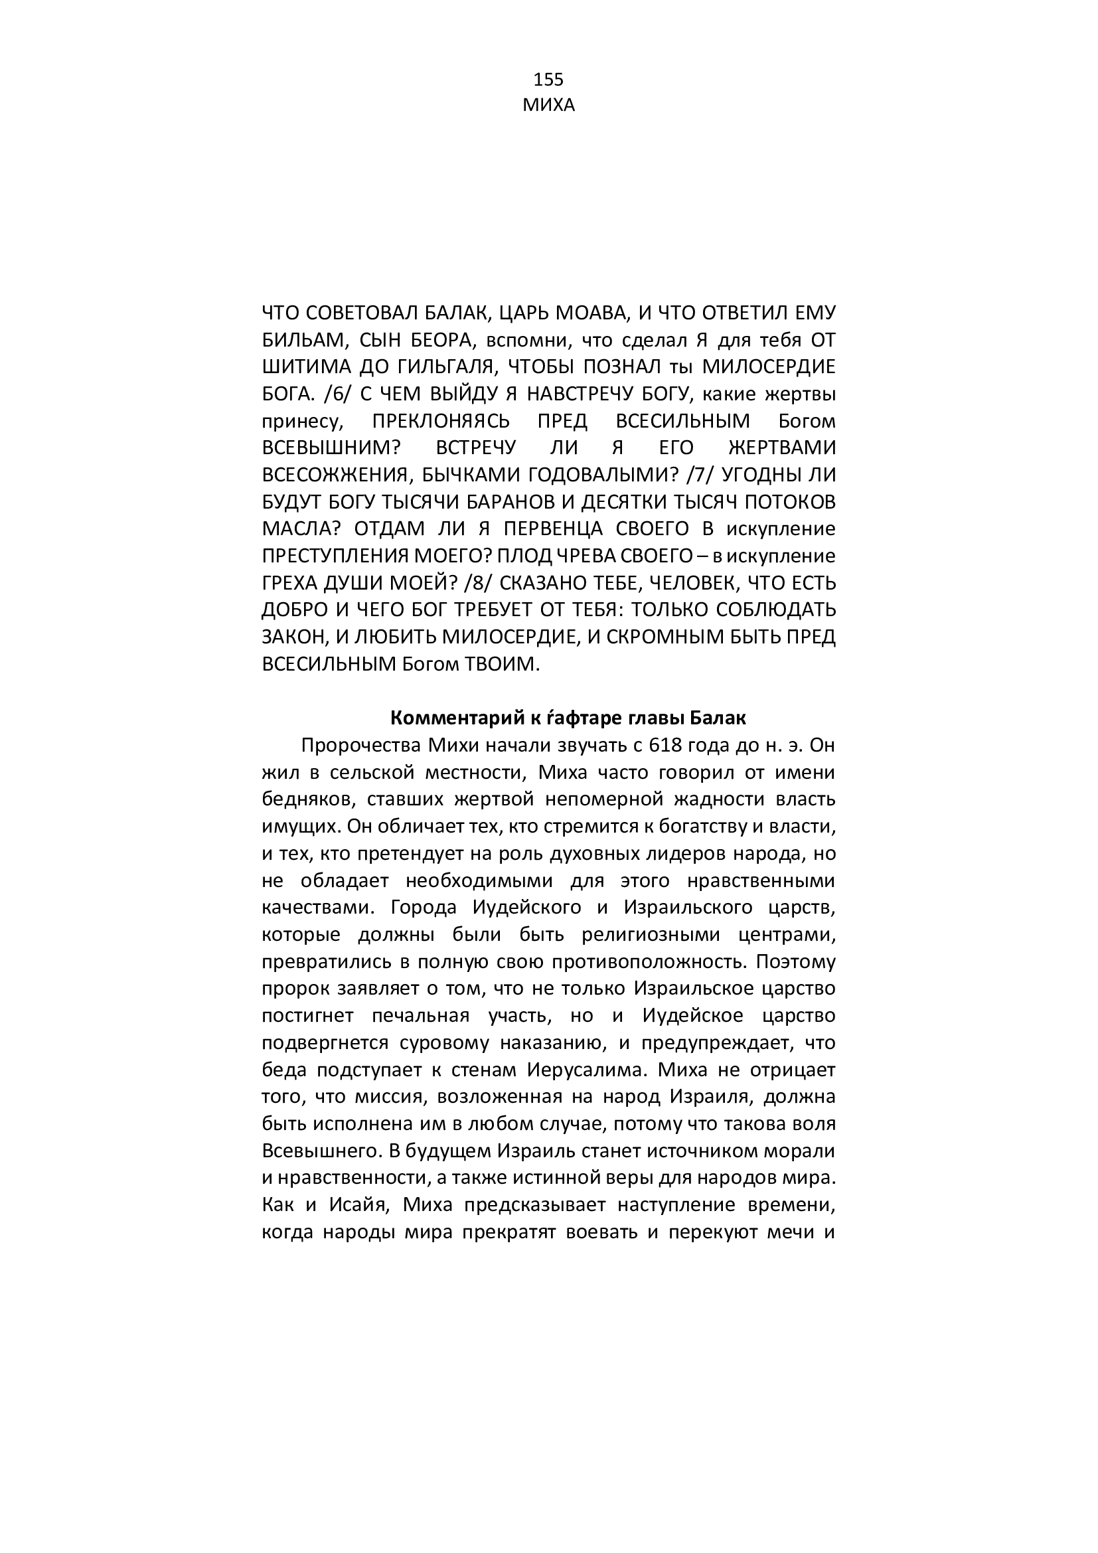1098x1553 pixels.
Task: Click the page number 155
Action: [548, 80]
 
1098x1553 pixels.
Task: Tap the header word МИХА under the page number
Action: [548, 106]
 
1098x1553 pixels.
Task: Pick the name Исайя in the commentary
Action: [356, 1205]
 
